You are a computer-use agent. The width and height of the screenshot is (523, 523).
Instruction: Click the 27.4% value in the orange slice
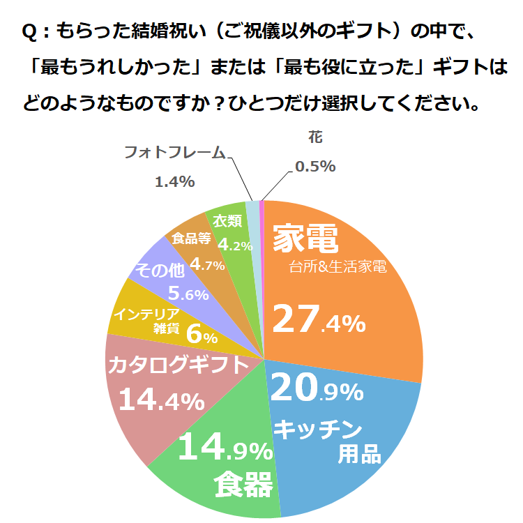tap(318, 320)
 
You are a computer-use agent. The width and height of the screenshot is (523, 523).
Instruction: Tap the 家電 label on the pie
tap(305, 239)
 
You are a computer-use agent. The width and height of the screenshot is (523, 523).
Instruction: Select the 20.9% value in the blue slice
tap(316, 389)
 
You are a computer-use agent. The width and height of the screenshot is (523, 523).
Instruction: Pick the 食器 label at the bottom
tap(243, 485)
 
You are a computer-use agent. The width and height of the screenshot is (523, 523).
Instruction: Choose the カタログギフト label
tap(177, 365)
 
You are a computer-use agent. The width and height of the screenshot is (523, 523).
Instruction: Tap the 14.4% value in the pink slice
tap(161, 400)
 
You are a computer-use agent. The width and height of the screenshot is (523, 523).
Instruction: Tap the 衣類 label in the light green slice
tap(227, 222)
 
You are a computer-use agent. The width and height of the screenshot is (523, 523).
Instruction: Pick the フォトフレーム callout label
tap(174, 152)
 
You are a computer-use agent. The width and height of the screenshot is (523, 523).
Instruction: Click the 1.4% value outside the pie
tap(174, 182)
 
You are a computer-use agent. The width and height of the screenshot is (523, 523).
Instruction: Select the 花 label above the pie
tap(315, 137)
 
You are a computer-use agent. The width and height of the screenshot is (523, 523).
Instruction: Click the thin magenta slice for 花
tap(262, 205)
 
